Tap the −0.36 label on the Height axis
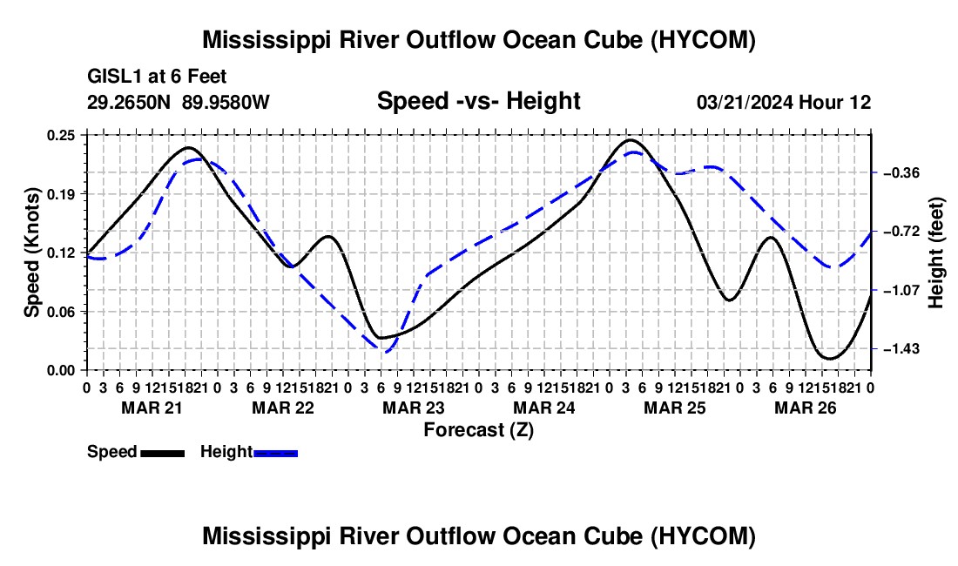[901, 172]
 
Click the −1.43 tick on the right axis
[901, 348]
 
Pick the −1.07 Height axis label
[901, 290]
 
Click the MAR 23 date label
[414, 408]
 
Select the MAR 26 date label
[806, 408]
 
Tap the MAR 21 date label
[152, 408]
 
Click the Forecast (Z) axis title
[479, 430]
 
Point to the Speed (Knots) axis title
[31, 253]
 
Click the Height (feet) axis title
[935, 253]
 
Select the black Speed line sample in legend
[163, 453]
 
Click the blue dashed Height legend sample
[275, 453]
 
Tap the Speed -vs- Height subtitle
[478, 101]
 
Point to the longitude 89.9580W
[226, 102]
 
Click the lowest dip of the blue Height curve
[386, 352]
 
